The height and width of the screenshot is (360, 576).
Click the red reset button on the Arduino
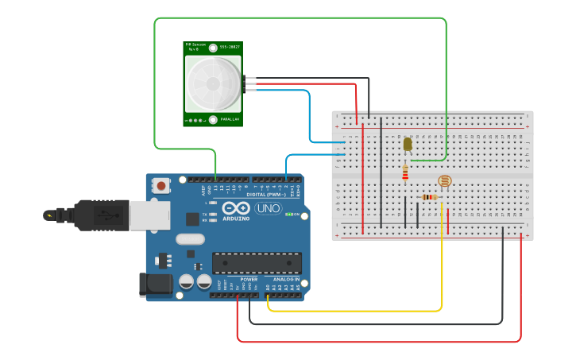[162, 186]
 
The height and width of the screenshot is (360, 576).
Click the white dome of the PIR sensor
[213, 83]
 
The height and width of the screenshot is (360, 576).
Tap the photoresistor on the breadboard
[444, 182]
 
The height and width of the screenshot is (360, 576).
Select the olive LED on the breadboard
[408, 144]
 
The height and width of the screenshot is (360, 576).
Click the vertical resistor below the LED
[405, 172]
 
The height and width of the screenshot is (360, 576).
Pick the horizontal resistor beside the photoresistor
[430, 197]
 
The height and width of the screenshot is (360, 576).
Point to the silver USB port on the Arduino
[149, 215]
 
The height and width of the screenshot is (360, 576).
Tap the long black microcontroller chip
[257, 263]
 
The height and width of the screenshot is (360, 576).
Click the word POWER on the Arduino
[249, 280]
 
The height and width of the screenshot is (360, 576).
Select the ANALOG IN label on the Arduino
[285, 280]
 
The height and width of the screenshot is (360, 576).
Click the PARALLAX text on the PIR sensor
[230, 120]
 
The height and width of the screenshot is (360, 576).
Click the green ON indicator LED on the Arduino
[288, 214]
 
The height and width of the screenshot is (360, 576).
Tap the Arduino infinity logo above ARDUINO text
[235, 209]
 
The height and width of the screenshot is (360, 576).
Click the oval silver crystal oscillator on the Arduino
[190, 239]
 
